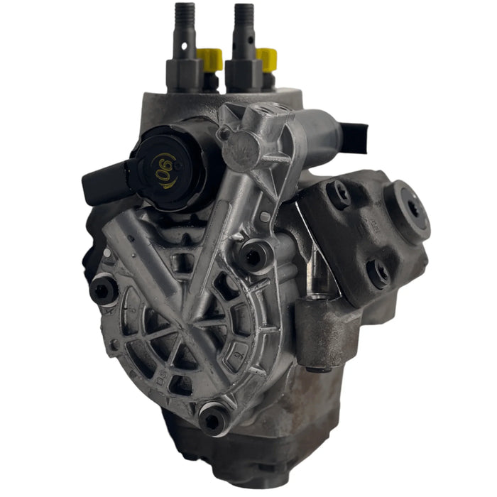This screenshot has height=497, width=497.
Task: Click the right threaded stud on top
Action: coord(244,28)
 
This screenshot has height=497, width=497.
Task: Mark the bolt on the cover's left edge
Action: coord(104,289)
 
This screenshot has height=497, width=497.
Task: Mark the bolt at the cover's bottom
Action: coord(212,420)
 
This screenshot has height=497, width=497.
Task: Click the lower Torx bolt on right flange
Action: coord(377,272)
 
